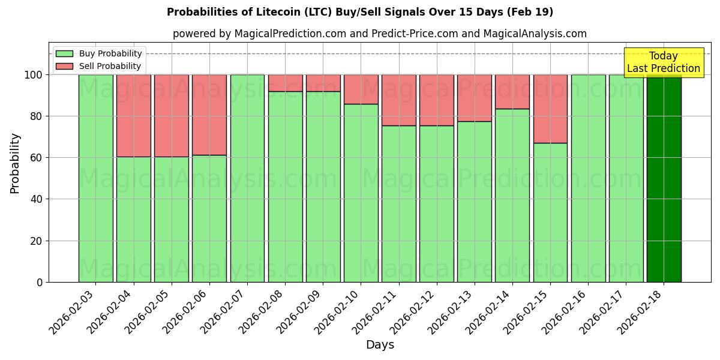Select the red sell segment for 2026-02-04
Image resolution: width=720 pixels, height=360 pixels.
pyautogui.click(x=133, y=116)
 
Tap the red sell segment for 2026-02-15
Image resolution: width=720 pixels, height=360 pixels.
pyautogui.click(x=550, y=109)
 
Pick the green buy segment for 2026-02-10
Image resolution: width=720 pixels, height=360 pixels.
pyautogui.click(x=361, y=193)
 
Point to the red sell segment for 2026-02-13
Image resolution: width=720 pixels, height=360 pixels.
pyautogui.click(x=475, y=98)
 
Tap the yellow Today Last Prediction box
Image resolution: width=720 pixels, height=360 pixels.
pyautogui.click(x=663, y=62)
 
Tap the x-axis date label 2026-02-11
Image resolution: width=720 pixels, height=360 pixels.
pyautogui.click(x=376, y=310)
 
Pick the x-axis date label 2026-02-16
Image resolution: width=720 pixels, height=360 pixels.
pyautogui.click(x=566, y=310)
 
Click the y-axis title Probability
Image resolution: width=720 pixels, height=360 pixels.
pyautogui.click(x=15, y=163)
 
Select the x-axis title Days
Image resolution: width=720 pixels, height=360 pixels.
pyautogui.click(x=380, y=345)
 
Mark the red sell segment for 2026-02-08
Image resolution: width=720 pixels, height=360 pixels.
pyautogui.click(x=285, y=83)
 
